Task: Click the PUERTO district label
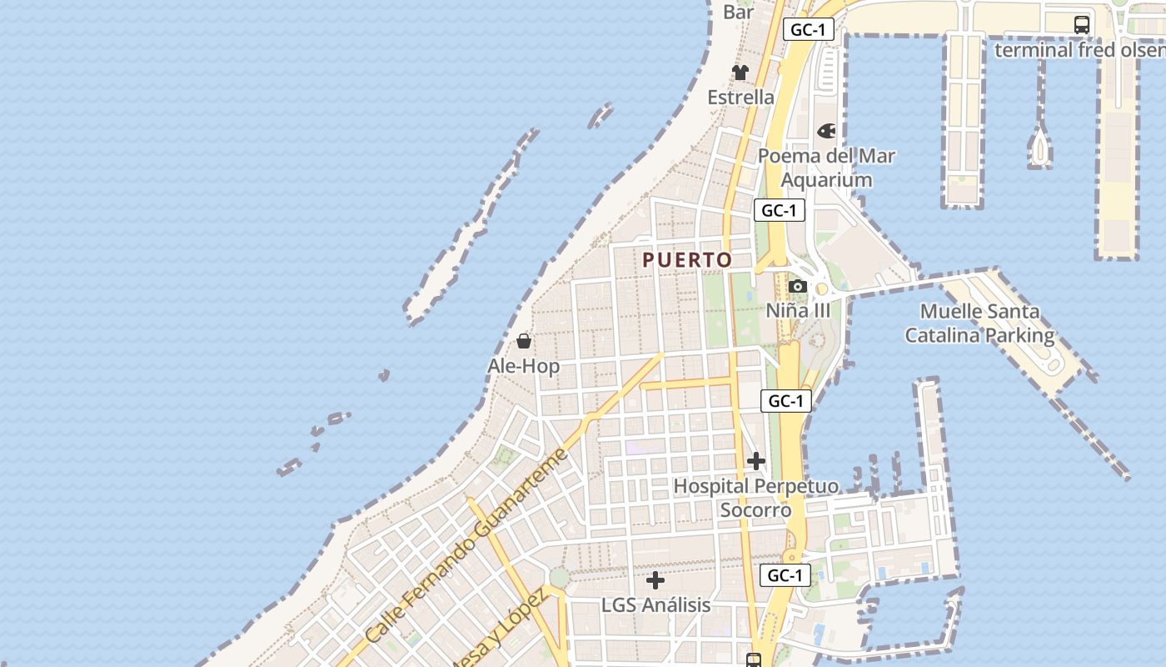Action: pyautogui.click(x=687, y=260)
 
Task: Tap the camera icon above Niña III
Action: pyautogui.click(x=798, y=287)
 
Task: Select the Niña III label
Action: pyautogui.click(x=798, y=310)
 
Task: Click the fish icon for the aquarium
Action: pyautogui.click(x=826, y=131)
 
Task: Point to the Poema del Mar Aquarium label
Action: pyautogui.click(x=826, y=168)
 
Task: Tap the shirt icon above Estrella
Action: pyautogui.click(x=740, y=73)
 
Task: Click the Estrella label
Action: pyautogui.click(x=740, y=98)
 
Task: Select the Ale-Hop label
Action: pyautogui.click(x=523, y=366)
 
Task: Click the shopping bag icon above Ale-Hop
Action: pyautogui.click(x=524, y=341)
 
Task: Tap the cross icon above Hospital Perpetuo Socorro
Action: pyautogui.click(x=756, y=460)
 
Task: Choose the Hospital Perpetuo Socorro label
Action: pyautogui.click(x=756, y=497)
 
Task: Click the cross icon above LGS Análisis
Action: pyautogui.click(x=655, y=579)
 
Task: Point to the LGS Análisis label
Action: pyautogui.click(x=655, y=604)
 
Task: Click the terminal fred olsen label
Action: pyautogui.click(x=1079, y=50)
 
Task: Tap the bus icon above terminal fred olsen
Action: pyautogui.click(x=1082, y=25)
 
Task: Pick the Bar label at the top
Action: pyautogui.click(x=739, y=12)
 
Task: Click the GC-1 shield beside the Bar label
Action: pyautogui.click(x=808, y=30)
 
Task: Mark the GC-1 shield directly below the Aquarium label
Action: pyautogui.click(x=780, y=210)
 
